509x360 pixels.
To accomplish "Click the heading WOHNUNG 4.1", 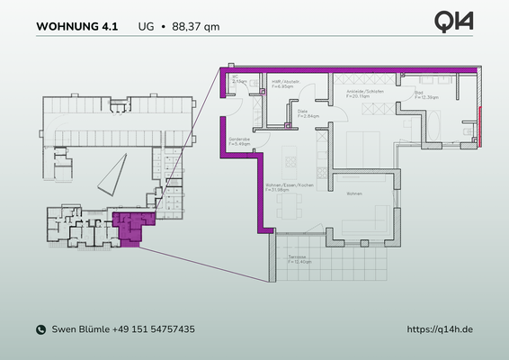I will point(76,26).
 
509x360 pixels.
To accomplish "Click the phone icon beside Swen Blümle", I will point(40,330).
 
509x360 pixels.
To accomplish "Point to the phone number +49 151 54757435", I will point(154,330).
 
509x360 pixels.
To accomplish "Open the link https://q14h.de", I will point(440,330).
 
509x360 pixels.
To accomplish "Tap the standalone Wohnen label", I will point(355,193).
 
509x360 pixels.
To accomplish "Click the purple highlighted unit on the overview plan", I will point(130,227).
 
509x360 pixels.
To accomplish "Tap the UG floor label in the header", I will point(146,26).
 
